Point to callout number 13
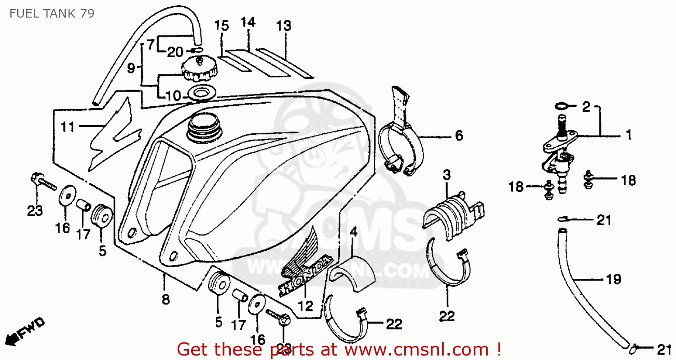tap(284, 26)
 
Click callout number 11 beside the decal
tap(68, 128)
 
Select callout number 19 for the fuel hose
tap(614, 279)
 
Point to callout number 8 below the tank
tap(165, 299)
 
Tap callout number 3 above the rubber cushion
tap(446, 175)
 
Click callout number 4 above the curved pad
tap(353, 232)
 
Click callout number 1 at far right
tap(628, 134)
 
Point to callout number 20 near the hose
tap(175, 52)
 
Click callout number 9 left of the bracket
tap(131, 68)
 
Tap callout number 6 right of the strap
tap(459, 135)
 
